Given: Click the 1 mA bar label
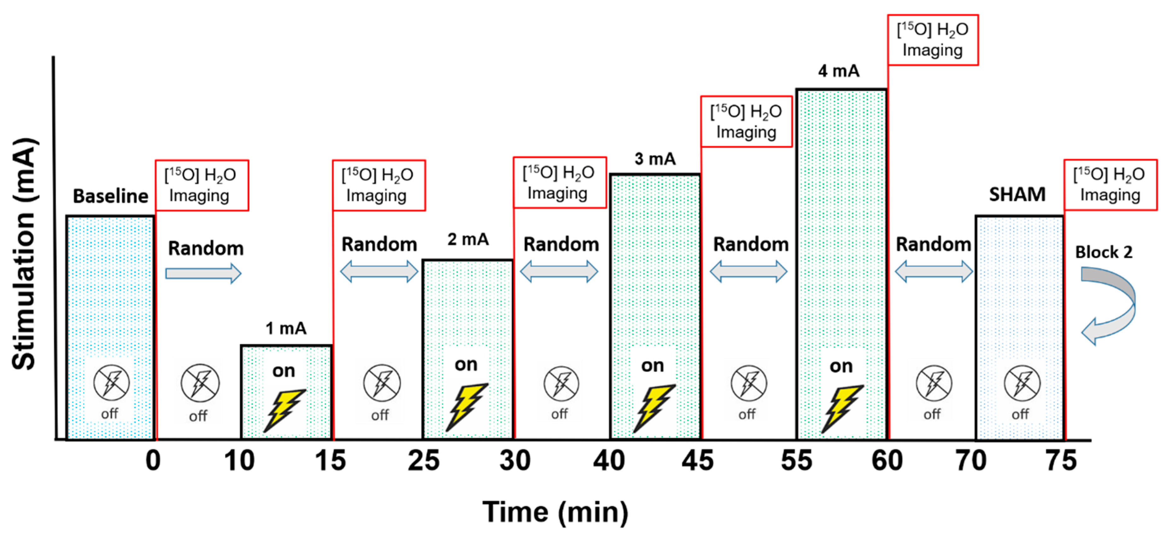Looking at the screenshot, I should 286,328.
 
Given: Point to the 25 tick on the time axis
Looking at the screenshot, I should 424,460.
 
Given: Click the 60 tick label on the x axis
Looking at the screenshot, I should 887,460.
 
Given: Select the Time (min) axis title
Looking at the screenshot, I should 555,512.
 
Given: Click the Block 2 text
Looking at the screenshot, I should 1104,252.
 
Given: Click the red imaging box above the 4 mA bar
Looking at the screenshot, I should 932,40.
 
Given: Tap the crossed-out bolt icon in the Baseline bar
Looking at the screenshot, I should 111,383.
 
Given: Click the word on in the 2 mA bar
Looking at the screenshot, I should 466,364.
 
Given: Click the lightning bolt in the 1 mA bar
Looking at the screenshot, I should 284,410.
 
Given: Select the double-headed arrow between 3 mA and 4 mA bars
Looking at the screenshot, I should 748,272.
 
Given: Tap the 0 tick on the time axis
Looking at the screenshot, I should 153,460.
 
